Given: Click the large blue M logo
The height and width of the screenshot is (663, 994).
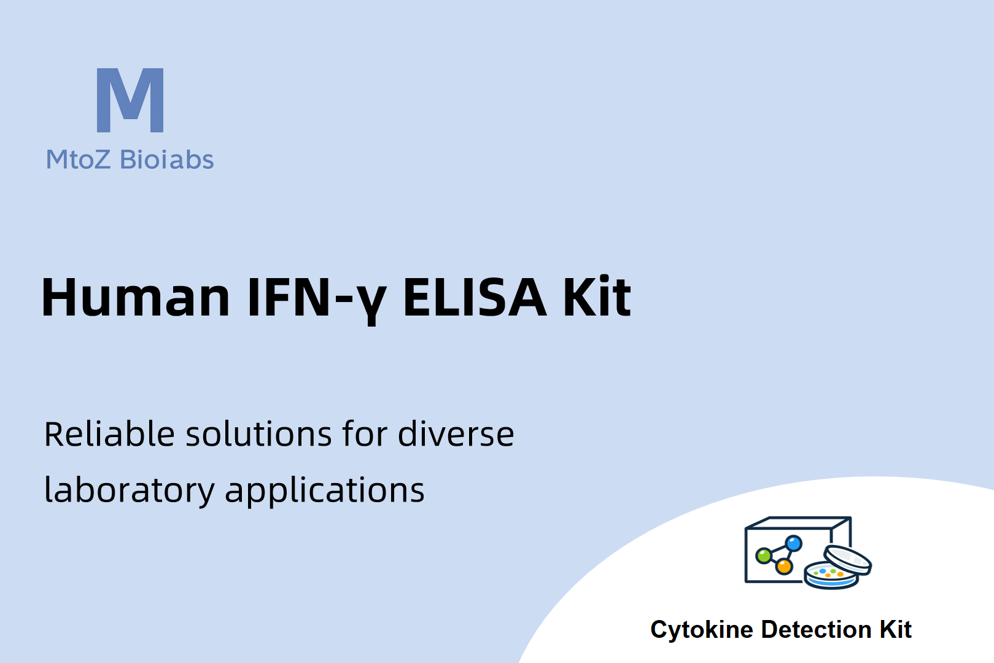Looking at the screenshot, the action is [x=130, y=100].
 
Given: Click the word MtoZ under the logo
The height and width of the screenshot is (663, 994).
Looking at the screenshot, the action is [x=78, y=160].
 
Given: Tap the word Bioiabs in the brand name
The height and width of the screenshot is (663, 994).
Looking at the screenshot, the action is [x=166, y=159].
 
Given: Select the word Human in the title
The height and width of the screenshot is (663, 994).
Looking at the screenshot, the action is [x=135, y=297].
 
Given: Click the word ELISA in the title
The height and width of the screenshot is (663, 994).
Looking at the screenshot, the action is [x=475, y=297].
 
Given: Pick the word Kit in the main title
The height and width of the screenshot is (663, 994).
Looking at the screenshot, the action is [x=597, y=297].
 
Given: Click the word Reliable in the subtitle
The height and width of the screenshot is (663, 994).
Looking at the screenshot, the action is [x=109, y=433].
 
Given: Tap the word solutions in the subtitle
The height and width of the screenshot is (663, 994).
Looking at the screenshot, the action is [x=258, y=433].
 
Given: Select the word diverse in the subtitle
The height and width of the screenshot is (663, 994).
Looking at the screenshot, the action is [x=456, y=433].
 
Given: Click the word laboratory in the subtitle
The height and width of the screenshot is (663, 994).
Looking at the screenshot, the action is [x=130, y=491].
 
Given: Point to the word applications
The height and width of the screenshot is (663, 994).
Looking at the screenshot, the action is [x=325, y=491].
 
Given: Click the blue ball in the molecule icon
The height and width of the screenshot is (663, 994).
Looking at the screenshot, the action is [x=793, y=543].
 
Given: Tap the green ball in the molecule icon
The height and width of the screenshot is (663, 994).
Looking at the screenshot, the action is [x=764, y=556].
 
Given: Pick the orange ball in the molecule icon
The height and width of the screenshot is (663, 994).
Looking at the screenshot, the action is [x=784, y=567].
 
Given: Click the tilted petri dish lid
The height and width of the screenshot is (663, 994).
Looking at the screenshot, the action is [x=847, y=560].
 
